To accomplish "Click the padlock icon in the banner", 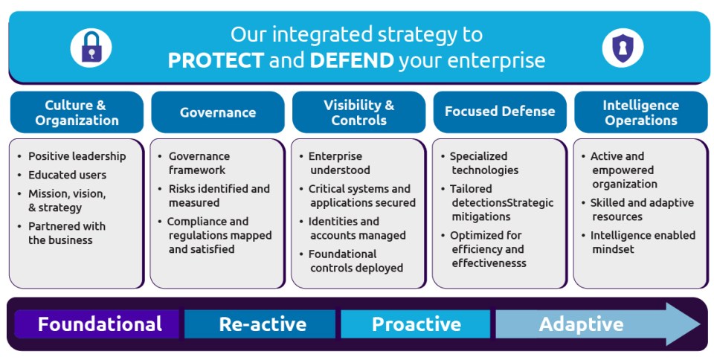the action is tap(91, 48).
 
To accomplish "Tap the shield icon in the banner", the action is tap(623, 48).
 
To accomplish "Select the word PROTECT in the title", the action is tap(216, 61).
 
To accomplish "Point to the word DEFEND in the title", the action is tap(352, 61).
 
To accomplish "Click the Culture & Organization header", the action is tap(77, 112).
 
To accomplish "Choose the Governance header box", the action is tap(218, 112).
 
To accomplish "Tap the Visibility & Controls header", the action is tap(358, 112).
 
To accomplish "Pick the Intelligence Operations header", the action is tap(640, 112).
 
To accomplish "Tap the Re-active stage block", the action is tap(260, 324).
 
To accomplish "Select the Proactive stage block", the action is tap(415, 324).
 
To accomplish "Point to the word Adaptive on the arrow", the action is tap(582, 324).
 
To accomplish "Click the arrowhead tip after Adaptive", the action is tap(700, 324).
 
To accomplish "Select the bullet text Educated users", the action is tap(68, 176).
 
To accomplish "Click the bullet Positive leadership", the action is tap(77, 156).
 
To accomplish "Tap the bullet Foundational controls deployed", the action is tap(356, 261).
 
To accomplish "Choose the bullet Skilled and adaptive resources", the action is tap(642, 209).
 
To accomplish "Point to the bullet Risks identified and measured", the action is tap(219, 195).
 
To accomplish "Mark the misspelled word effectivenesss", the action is tap(489, 263).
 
